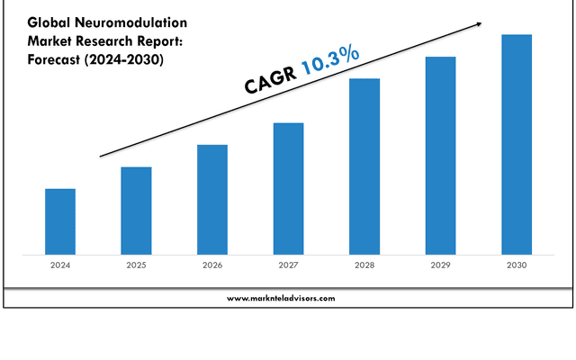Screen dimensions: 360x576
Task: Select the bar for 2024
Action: tap(60, 221)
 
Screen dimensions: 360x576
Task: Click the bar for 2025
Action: tap(136, 211)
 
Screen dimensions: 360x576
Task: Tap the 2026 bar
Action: tap(212, 199)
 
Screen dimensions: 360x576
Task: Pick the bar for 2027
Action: tap(288, 188)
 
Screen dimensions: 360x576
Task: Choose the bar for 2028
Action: tap(364, 166)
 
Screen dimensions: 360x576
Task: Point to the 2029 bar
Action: tap(440, 156)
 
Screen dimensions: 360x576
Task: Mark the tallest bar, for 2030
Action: tap(517, 144)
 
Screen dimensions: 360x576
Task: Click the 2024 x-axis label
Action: tap(60, 265)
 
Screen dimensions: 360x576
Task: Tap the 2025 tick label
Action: tap(136, 265)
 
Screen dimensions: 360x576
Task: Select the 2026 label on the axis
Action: tap(212, 265)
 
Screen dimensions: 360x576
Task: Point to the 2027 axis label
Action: tap(288, 265)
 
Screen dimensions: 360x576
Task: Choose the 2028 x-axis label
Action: tap(364, 265)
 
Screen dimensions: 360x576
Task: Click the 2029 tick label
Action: tap(440, 265)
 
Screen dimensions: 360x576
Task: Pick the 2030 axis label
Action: tap(517, 265)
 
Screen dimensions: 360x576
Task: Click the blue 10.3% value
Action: tap(331, 60)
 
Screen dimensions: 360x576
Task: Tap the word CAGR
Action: tap(271, 80)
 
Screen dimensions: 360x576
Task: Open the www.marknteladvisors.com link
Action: tap(281, 298)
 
